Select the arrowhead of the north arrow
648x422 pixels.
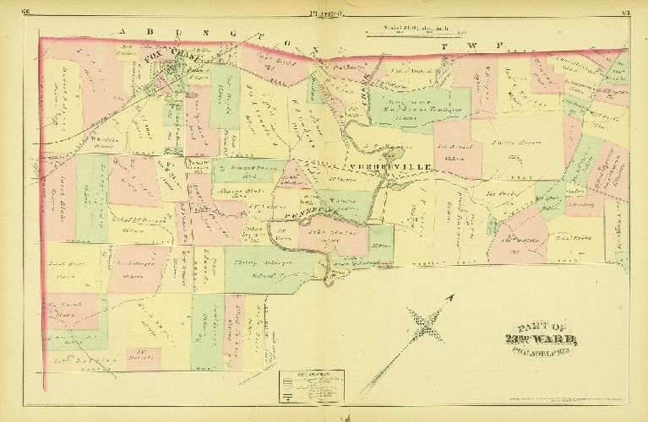[x=454, y=296]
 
